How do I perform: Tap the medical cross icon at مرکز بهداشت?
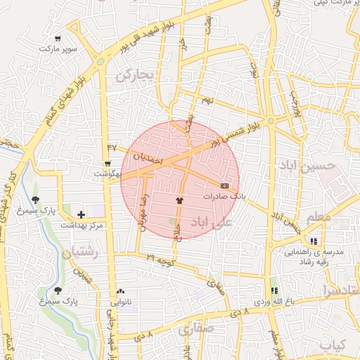81,214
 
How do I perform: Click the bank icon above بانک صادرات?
224,186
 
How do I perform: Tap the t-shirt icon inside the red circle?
179,200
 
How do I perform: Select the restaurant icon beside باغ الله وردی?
274,290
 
